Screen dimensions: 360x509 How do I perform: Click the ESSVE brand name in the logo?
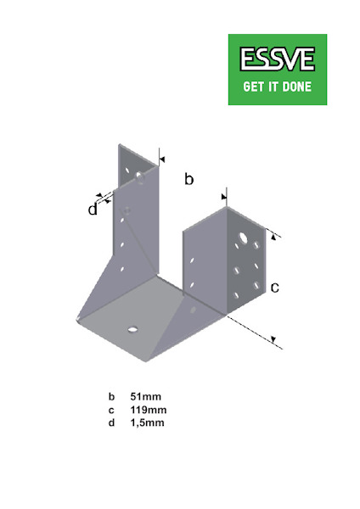pyautogui.click(x=278, y=59)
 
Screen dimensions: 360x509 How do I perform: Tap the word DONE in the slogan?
pyautogui.click(x=296, y=87)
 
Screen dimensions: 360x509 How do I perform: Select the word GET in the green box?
pyautogui.click(x=252, y=87)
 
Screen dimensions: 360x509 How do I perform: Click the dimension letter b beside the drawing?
pyautogui.click(x=188, y=179)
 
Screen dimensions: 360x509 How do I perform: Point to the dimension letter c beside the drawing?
pyautogui.click(x=275, y=288)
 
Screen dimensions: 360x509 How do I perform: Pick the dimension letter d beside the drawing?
pyautogui.click(x=93, y=210)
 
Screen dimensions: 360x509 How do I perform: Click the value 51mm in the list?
pyautogui.click(x=145, y=396)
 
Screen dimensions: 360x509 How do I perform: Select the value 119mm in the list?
pyautogui.click(x=149, y=410)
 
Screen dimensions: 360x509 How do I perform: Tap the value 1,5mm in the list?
pyautogui.click(x=147, y=423)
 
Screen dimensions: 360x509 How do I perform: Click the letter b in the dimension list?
pyautogui.click(x=111, y=396)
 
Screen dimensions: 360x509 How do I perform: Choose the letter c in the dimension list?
pyautogui.click(x=111, y=411)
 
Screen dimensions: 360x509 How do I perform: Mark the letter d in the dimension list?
pyautogui.click(x=111, y=422)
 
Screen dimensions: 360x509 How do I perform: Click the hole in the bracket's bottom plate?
pyautogui.click(x=133, y=329)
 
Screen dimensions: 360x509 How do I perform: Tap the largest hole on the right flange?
pyautogui.click(x=243, y=238)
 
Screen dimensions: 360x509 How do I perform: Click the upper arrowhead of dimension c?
pyautogui.click(x=273, y=238)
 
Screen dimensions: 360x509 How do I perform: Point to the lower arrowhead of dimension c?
pyautogui.click(x=273, y=339)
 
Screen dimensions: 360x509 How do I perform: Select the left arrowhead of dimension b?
pyautogui.click(x=162, y=159)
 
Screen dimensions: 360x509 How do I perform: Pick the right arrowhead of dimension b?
pyautogui.click(x=223, y=197)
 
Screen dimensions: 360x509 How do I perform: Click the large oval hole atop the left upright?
pyautogui.click(x=140, y=177)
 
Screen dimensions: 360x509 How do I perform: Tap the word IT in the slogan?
pyautogui.click(x=272, y=87)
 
